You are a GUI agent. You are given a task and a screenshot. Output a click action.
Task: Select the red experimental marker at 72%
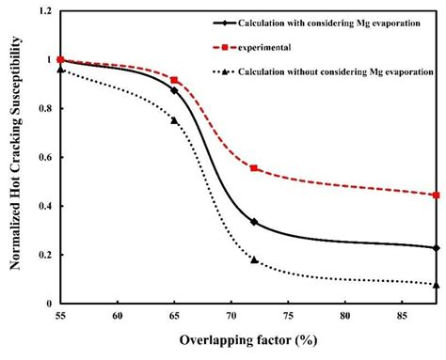coord(254,167)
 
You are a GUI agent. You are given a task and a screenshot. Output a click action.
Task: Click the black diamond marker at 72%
coord(254,222)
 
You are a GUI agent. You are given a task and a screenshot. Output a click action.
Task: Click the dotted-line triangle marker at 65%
coord(174,119)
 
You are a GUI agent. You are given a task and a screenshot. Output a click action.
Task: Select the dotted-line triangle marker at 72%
coord(254,259)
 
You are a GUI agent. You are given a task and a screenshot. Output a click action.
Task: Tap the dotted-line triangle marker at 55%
coord(60,69)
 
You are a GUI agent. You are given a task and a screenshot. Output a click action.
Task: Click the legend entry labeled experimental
coord(259,47)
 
